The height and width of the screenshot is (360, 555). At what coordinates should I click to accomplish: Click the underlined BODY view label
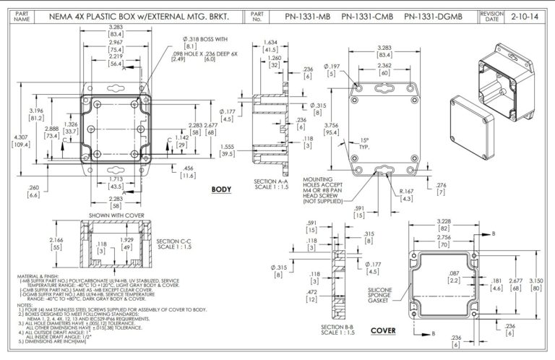click(220, 189)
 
